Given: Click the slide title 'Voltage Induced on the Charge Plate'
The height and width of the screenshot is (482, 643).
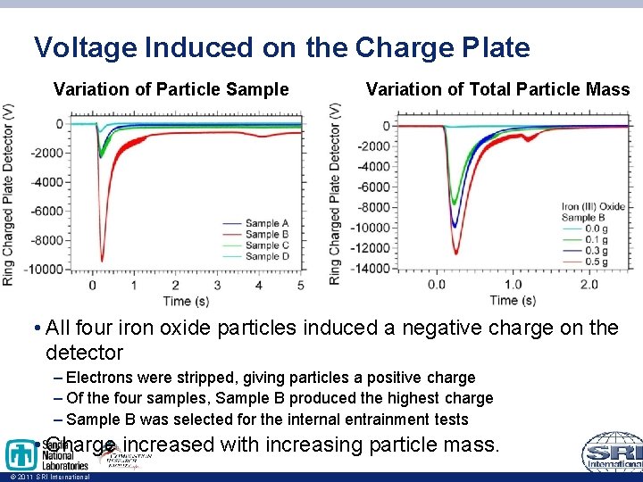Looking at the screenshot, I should (x=281, y=47).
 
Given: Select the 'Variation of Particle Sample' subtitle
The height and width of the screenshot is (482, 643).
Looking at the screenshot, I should (x=171, y=89).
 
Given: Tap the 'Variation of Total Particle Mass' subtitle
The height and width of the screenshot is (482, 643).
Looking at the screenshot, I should (x=497, y=89).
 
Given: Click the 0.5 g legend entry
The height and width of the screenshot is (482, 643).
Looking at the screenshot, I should (x=597, y=262).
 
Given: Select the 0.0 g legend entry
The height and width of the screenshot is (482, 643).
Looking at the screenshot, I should (x=597, y=229).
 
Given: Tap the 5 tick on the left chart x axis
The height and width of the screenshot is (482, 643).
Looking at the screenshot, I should (x=300, y=286).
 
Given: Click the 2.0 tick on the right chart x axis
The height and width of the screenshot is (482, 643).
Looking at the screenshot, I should (x=589, y=285).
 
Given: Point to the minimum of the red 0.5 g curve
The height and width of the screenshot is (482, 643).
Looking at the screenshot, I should (x=455, y=253).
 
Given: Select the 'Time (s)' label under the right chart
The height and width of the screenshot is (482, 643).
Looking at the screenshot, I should (x=505, y=300).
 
